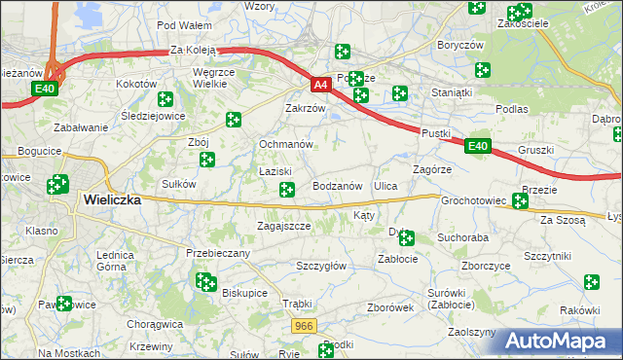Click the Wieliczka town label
(x=112, y=199)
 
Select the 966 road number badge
(x=303, y=328)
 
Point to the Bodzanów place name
(x=338, y=185)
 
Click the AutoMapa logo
(x=562, y=342)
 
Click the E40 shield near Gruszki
(x=476, y=147)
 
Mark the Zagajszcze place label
(x=283, y=226)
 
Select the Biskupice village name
(x=244, y=292)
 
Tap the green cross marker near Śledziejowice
(x=165, y=98)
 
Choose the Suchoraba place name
(x=462, y=236)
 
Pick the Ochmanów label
(x=285, y=144)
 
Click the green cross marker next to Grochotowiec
(x=520, y=201)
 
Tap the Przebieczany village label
(x=218, y=253)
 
